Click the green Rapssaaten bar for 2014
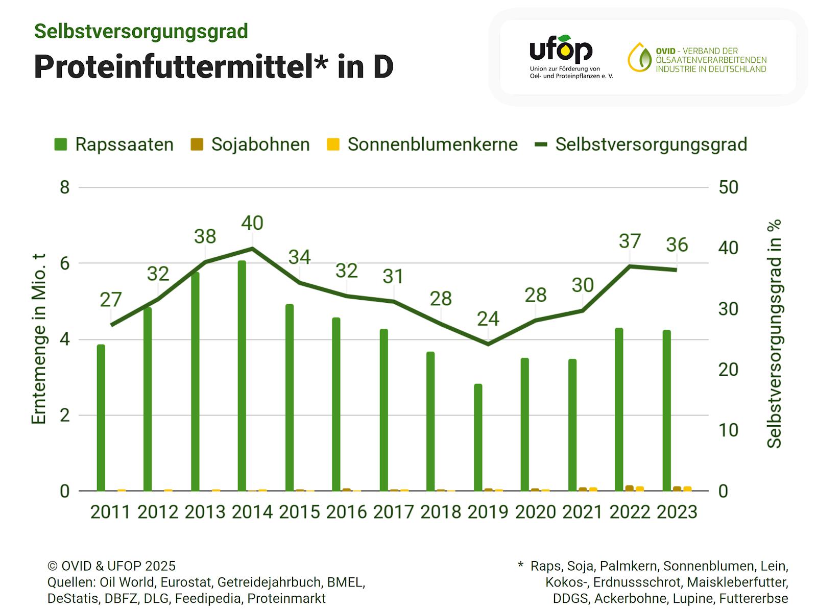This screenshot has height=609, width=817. pos(242,376)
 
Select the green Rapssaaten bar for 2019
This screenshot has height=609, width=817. pos(478,437)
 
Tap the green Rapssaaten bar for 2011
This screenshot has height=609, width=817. pos(101,418)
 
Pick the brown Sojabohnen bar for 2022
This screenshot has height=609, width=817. pos(629,488)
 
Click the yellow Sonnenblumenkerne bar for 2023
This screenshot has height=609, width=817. pos(687,489)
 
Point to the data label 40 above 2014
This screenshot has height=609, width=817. pos(252,223)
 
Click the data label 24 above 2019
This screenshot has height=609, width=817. pos(488,319)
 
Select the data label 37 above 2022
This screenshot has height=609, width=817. pos(630,241)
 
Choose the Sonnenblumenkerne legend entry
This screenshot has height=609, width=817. pos(422,144)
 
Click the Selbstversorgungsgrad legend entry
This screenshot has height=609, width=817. pos(641,144)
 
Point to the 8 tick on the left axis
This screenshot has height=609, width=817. pos(64,187)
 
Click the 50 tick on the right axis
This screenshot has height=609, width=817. pos(728,187)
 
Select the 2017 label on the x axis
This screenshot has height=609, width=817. pos(394,512)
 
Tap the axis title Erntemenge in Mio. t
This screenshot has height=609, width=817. pos(39,339)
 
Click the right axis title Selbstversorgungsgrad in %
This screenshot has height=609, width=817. pos(775,334)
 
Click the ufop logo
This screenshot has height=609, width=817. pos(561,50)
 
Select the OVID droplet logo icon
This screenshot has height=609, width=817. pos(639,57)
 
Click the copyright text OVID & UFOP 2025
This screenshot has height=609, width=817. pos(111,566)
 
